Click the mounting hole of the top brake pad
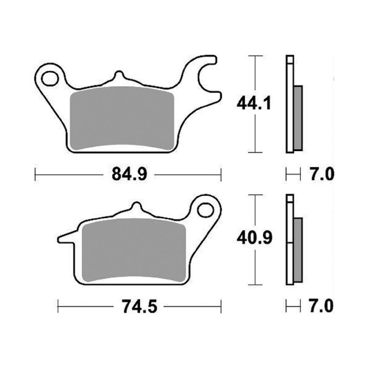pos(50,79)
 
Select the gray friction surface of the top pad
pos(122,119)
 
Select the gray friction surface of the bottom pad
pos(134,249)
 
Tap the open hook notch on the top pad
pos(210,78)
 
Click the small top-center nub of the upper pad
pos(119,75)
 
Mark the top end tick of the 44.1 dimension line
pos(255,56)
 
